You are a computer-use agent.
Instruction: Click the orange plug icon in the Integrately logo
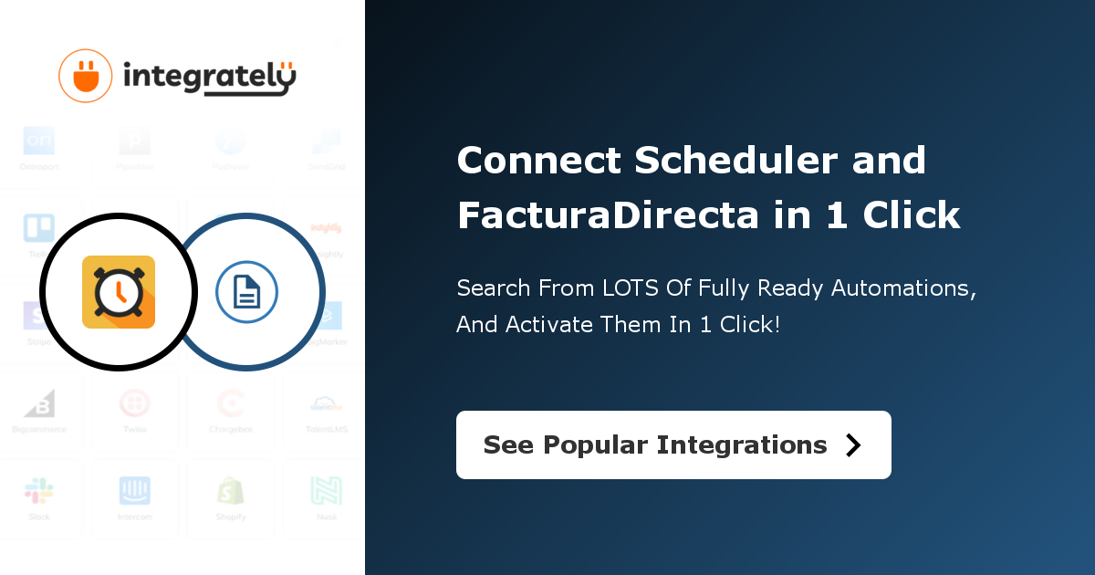click(x=85, y=75)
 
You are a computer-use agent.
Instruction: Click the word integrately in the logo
click(x=209, y=78)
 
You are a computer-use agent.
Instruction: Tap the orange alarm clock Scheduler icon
click(x=119, y=292)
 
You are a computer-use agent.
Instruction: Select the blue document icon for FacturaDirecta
click(x=246, y=292)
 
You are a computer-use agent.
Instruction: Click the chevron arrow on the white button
click(x=853, y=444)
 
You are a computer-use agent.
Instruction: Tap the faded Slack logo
click(x=39, y=491)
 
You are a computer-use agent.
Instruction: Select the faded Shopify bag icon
click(x=231, y=491)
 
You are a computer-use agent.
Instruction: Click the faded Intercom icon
click(x=135, y=491)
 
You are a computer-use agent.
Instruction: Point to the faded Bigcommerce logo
click(x=39, y=403)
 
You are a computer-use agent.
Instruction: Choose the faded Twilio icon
click(x=135, y=403)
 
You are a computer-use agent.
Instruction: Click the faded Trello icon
click(x=39, y=228)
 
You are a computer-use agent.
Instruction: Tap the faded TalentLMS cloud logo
click(x=326, y=403)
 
